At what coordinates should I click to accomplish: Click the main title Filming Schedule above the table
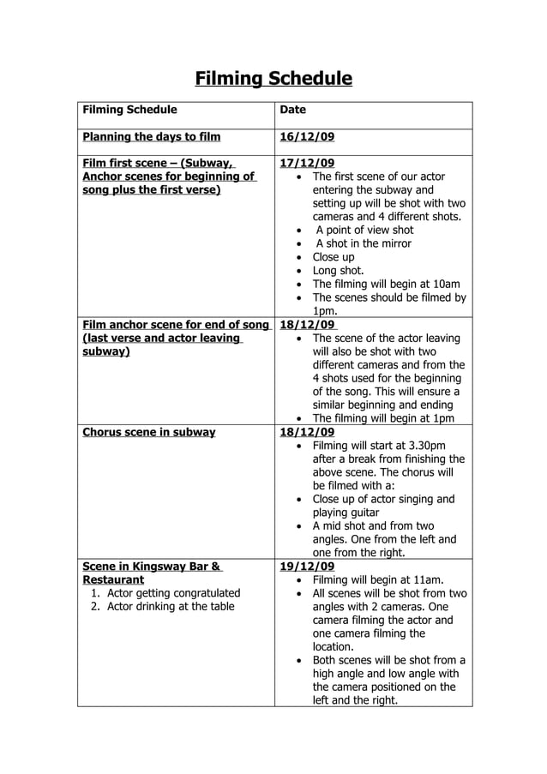273,80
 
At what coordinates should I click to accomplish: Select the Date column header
293,110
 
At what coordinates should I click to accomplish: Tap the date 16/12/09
308,136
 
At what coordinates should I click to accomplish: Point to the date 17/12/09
308,163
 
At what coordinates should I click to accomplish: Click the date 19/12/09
308,567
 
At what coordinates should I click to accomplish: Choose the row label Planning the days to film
151,136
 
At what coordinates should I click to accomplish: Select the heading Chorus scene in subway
148,432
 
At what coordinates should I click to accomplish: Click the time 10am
444,284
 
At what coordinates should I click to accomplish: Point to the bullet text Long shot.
338,271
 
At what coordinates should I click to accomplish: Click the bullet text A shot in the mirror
364,243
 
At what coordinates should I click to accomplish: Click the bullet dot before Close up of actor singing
298,500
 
